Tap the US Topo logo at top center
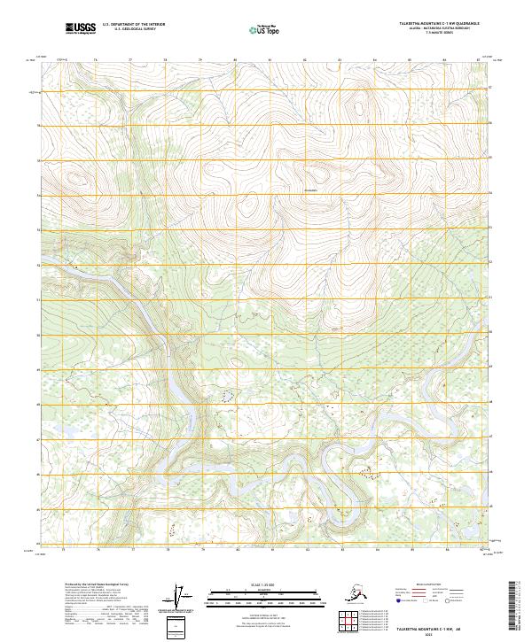click(266, 30)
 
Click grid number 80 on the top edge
click(235, 60)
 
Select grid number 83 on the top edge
click(340, 60)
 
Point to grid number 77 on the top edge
click(130, 60)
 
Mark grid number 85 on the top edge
click(410, 60)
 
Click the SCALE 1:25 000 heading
click(266, 584)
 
